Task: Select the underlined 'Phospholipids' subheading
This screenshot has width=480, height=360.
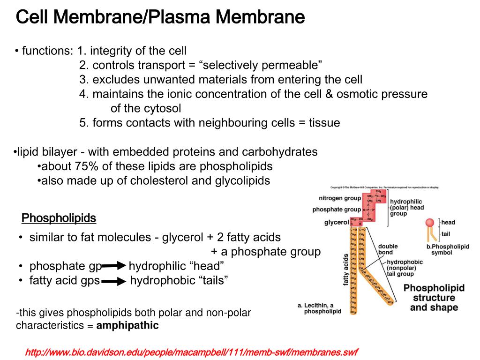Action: (x=59, y=218)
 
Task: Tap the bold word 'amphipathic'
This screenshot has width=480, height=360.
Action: (x=127, y=325)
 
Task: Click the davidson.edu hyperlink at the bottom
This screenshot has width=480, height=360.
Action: (x=192, y=352)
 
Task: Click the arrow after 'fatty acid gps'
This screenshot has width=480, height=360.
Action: (x=114, y=281)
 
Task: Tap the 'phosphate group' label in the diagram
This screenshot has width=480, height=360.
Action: (x=337, y=210)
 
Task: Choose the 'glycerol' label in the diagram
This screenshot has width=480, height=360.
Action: (x=336, y=222)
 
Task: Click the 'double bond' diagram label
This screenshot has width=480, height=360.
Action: (x=388, y=249)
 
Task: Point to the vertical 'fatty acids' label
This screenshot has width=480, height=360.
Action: (x=346, y=270)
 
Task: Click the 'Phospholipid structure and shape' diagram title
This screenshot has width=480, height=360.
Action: (x=434, y=298)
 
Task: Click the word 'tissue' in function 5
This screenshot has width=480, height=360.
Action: (x=324, y=123)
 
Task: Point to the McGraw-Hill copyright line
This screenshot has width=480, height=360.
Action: (x=384, y=187)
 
